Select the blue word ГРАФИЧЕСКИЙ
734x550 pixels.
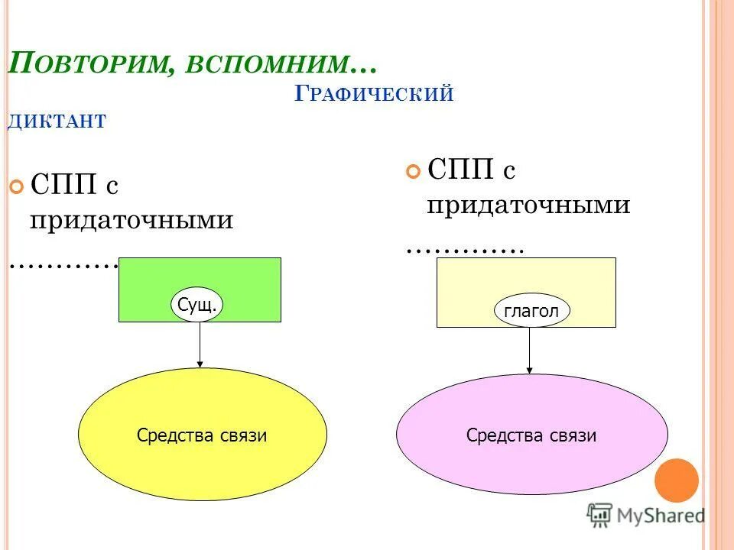click(374, 95)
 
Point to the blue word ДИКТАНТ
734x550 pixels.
click(57, 121)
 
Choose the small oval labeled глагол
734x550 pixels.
click(531, 311)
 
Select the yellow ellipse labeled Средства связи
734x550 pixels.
click(202, 434)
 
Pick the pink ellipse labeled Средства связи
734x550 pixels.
click(531, 434)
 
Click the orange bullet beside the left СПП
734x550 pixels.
click(16, 186)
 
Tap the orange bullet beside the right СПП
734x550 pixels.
click(414, 171)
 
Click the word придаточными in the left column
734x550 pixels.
click(132, 220)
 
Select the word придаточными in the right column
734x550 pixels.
click(528, 205)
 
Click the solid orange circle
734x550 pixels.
click(677, 480)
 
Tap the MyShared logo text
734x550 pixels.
click(661, 516)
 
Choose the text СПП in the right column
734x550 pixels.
click(461, 170)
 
